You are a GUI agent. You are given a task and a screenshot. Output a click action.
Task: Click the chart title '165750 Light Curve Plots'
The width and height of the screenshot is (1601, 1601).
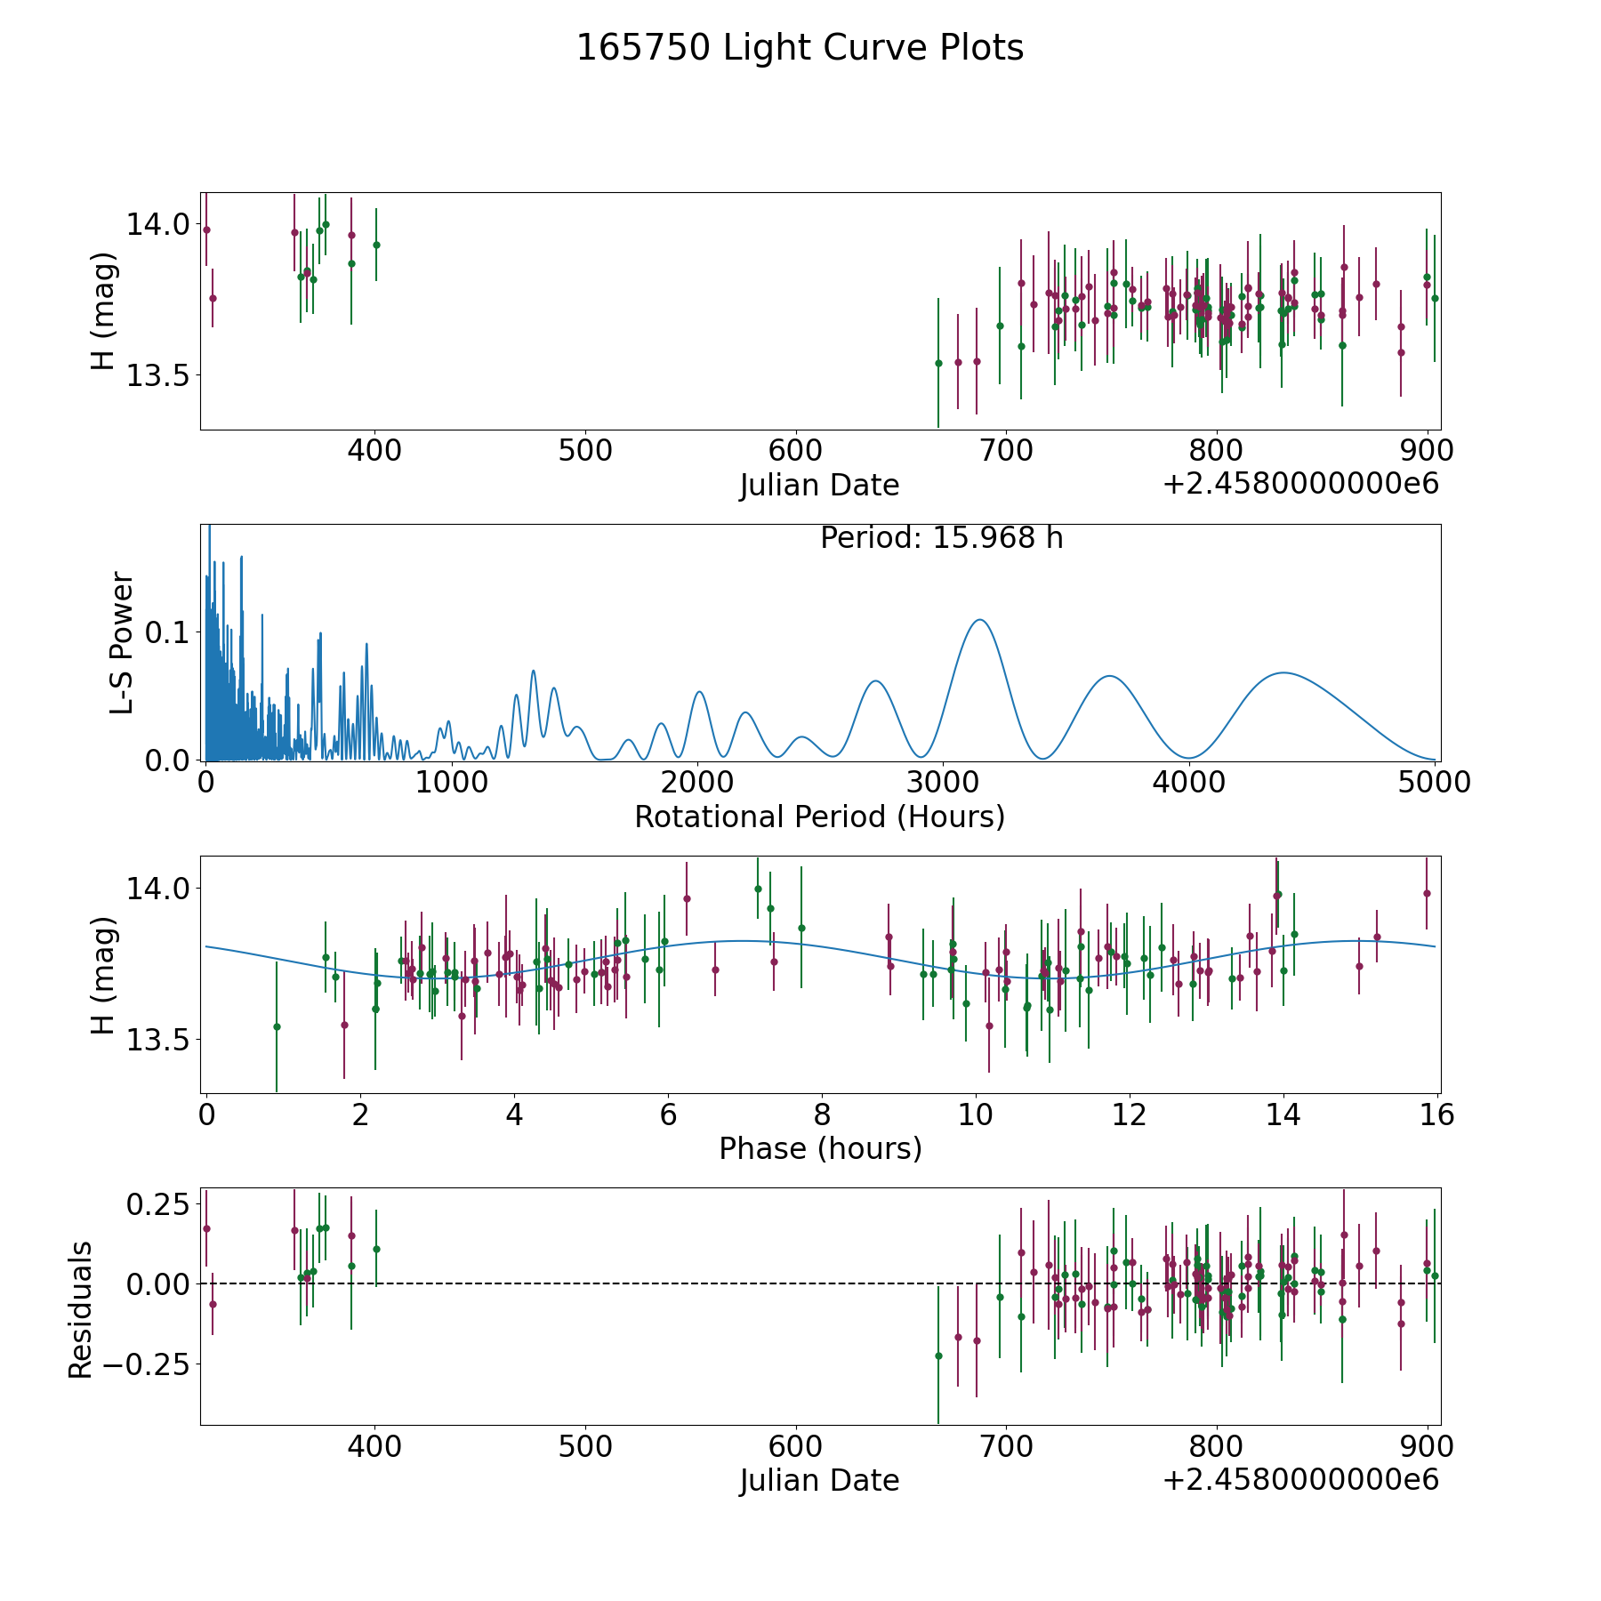(800, 48)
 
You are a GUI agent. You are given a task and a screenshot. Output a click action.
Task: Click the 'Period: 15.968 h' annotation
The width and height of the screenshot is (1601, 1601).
(941, 538)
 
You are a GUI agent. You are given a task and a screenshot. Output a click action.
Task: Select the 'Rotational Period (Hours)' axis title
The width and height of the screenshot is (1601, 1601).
(819, 817)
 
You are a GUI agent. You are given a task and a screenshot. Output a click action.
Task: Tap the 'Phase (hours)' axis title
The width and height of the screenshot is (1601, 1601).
(820, 1148)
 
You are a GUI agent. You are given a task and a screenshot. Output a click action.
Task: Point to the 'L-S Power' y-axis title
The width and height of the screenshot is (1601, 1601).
(122, 642)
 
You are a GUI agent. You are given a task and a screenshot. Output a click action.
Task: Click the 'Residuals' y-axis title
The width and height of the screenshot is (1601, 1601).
(81, 1310)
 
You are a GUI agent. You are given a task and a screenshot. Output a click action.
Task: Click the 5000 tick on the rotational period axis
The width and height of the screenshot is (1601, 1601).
(1435, 782)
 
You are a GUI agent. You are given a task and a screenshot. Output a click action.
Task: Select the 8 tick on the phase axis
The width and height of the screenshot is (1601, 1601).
(822, 1114)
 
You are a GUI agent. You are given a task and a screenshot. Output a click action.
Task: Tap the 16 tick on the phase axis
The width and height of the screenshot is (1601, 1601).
(1437, 1114)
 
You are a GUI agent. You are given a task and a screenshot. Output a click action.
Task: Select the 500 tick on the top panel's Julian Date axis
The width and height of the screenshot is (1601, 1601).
(585, 450)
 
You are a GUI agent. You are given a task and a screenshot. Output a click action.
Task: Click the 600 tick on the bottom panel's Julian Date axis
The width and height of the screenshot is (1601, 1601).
(796, 1446)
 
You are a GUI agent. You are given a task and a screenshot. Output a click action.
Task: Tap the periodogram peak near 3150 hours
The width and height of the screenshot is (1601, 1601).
(980, 620)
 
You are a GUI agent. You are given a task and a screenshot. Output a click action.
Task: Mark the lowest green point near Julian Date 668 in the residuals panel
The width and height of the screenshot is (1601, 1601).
(938, 1356)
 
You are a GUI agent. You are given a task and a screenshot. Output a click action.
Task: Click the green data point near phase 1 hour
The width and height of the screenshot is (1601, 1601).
(277, 1026)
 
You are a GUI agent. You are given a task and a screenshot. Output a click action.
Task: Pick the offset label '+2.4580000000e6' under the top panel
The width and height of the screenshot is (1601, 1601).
(1300, 484)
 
